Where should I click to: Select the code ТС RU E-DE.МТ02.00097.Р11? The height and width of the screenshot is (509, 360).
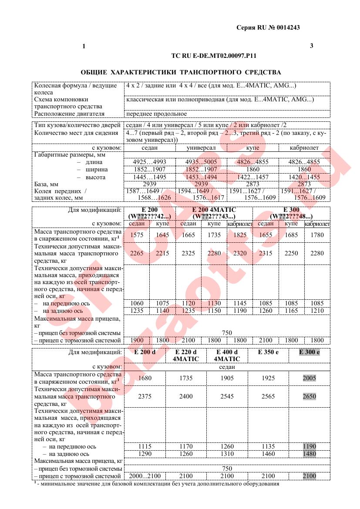214,56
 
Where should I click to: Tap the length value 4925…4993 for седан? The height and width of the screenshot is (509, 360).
149,162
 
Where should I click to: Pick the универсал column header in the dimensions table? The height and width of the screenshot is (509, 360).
201,148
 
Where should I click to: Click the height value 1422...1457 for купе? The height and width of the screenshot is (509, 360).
252,177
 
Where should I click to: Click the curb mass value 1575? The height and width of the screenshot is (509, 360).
137,235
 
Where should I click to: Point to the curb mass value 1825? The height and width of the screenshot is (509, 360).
240,235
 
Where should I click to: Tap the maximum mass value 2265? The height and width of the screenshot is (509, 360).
137,253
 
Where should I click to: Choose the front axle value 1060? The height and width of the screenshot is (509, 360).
137,303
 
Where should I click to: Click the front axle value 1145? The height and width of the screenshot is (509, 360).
240,303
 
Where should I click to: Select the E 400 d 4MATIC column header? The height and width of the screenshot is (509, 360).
227,355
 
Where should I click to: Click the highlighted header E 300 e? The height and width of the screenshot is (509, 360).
309,352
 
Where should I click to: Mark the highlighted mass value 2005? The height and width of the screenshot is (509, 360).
309,378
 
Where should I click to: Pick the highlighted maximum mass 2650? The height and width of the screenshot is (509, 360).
309,396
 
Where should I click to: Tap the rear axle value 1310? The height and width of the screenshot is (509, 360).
227,454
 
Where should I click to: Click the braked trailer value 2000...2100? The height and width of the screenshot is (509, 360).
145,476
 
